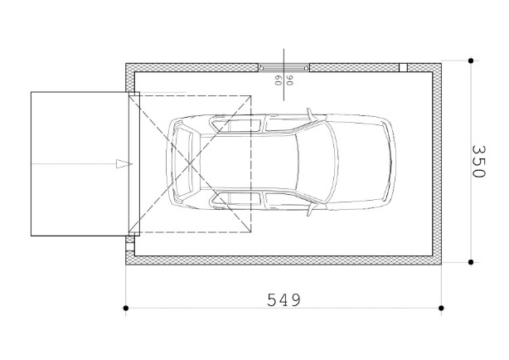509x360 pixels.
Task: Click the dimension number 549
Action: click(284, 300)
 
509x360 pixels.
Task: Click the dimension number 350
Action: click(478, 161)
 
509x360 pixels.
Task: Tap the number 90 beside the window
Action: click(289, 80)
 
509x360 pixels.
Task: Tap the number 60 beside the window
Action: click(278, 80)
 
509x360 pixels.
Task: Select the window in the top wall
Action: click(284, 67)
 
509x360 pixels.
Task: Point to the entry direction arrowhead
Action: click(124, 163)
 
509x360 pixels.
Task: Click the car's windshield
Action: click(317, 162)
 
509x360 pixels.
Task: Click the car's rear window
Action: click(184, 163)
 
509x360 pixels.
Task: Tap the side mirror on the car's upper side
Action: click(311, 114)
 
